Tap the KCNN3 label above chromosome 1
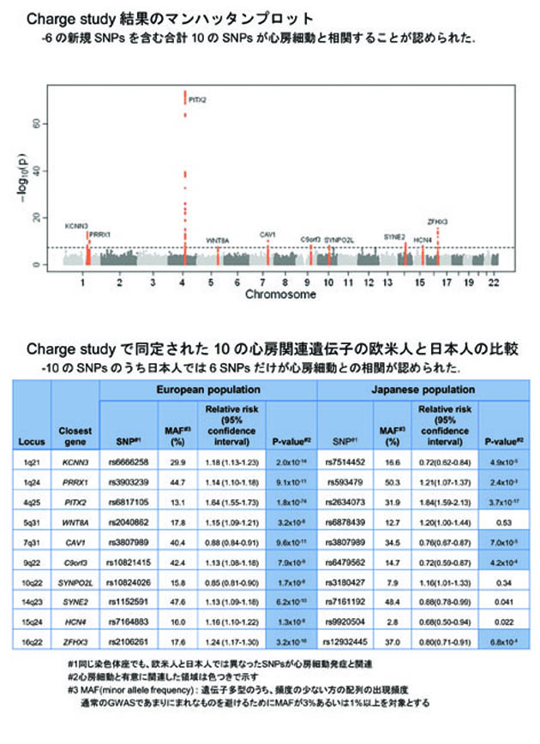tap(76, 226)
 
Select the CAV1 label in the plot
tap(267, 234)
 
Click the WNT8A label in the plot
tap(218, 241)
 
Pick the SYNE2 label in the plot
tap(394, 235)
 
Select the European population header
tap(208, 390)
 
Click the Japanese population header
tap(425, 390)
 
